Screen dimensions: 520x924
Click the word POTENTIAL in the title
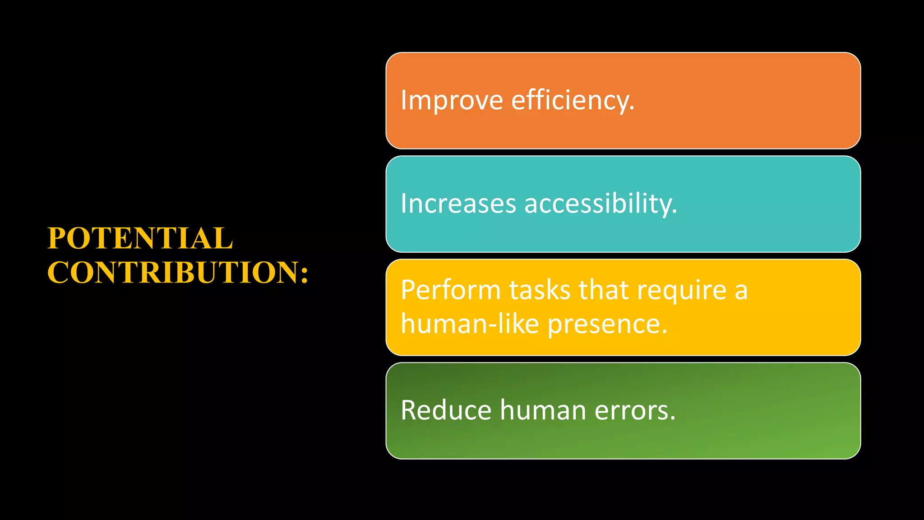click(x=140, y=238)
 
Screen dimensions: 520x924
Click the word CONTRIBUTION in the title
click(x=171, y=273)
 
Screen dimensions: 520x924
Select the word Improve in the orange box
click(x=452, y=100)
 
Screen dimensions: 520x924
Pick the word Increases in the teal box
click(x=458, y=204)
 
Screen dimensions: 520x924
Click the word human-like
click(x=470, y=324)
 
